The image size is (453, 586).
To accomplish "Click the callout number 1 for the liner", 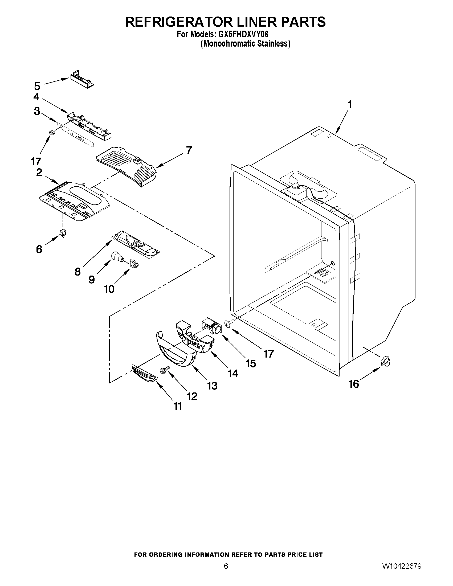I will [x=350, y=105].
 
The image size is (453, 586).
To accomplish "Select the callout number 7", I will [x=189, y=150].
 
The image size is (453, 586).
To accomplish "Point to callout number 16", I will [x=354, y=384].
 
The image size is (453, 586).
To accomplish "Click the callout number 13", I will [x=212, y=386].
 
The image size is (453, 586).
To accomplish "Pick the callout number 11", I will [x=178, y=406].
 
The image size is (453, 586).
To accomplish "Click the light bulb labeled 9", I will [x=117, y=257].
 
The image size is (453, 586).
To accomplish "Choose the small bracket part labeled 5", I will [x=81, y=80].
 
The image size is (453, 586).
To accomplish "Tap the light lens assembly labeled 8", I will [x=136, y=243].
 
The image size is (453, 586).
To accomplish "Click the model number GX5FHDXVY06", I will [x=242, y=35].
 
